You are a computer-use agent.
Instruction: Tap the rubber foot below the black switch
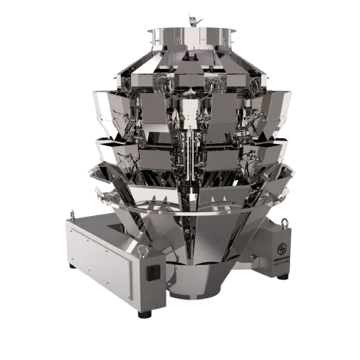[x=148, y=315]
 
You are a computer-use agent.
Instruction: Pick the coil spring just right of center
[x=214, y=86]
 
